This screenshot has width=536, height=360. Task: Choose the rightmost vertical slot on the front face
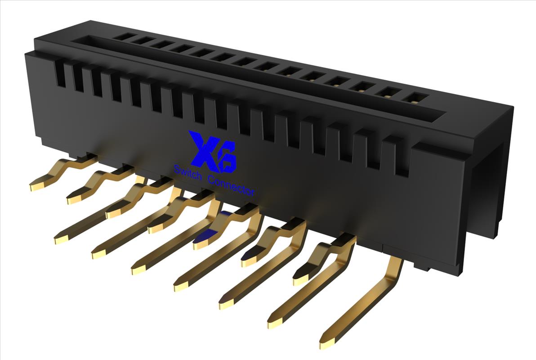coord(402,158)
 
